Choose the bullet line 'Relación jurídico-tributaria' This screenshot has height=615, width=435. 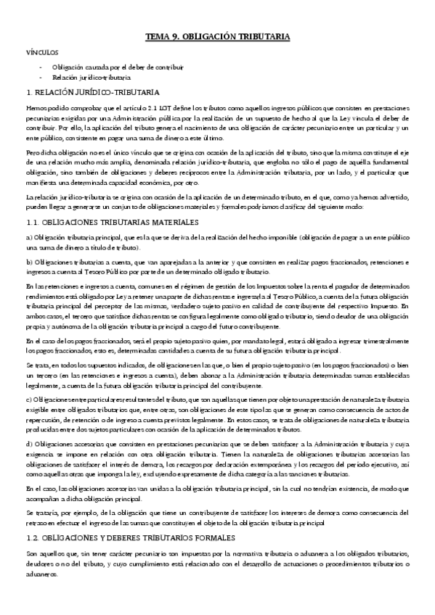(x=92, y=77)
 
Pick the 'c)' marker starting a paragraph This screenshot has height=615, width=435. (x=29, y=400)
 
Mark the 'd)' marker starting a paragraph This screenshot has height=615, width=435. (x=29, y=442)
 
